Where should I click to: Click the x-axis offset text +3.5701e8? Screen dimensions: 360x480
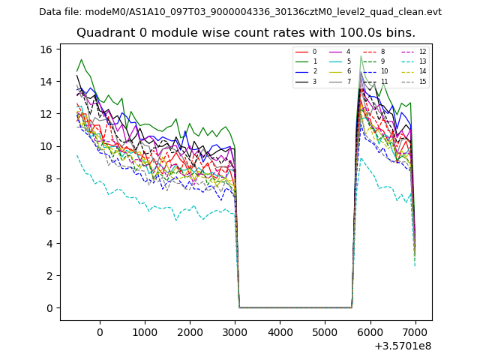tap(403, 346)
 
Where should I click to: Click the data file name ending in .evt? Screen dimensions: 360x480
tap(263, 12)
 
